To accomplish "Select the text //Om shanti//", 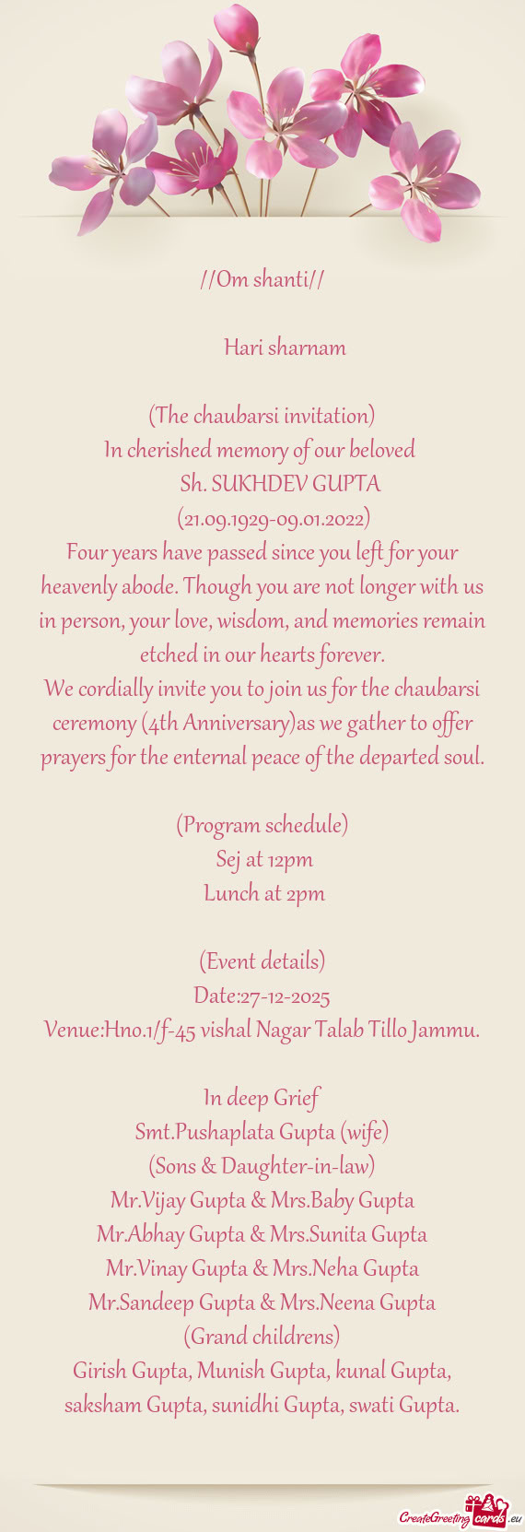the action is pos(262,279).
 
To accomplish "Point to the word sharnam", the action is pos(310,348).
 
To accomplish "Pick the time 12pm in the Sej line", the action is pos(291,859).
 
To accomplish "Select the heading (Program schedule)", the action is pos(262,825).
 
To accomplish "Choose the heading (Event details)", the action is pos(262,961).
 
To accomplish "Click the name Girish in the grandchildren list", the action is pos(99,1371).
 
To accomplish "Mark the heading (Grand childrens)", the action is pos(262,1337).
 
